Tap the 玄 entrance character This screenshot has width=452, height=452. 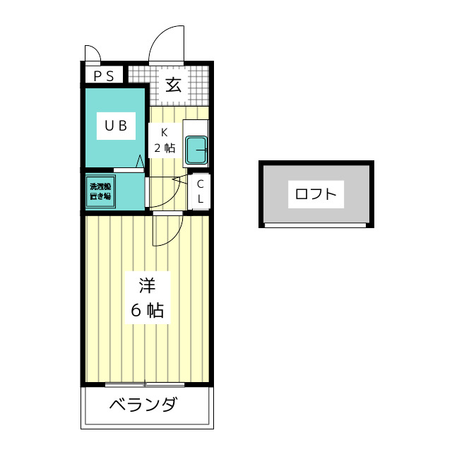(174, 85)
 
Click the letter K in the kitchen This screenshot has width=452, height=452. (164, 132)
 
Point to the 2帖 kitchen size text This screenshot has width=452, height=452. (165, 148)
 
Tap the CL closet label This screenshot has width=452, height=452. (201, 191)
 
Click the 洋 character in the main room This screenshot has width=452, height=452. (147, 286)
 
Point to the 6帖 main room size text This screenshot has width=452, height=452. (147, 310)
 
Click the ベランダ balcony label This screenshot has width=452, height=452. (143, 405)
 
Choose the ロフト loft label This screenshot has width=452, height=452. (316, 194)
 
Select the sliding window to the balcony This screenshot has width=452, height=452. (145, 384)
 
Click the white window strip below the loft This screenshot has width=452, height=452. (316, 225)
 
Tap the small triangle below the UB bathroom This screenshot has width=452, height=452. (141, 162)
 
